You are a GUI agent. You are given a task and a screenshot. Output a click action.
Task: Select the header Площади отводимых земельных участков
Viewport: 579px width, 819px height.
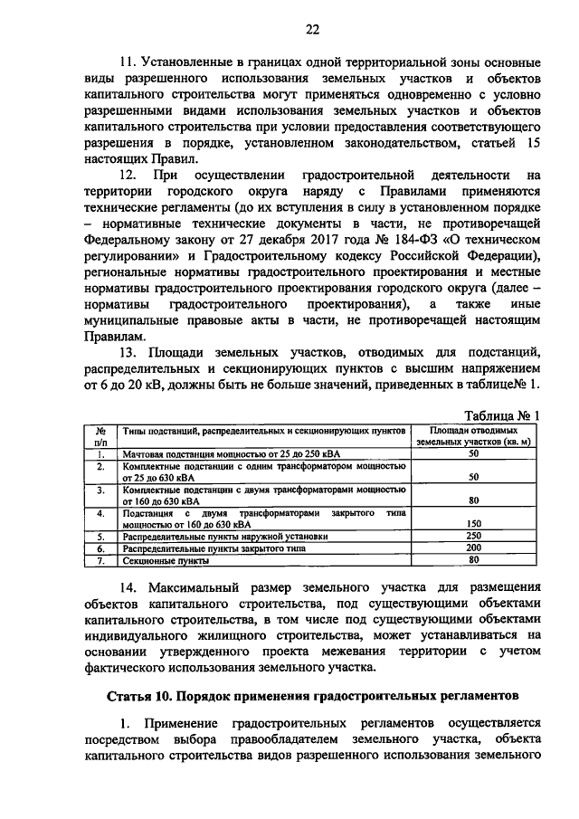[x=473, y=436]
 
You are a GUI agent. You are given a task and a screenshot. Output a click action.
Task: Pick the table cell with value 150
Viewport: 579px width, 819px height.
[x=473, y=523]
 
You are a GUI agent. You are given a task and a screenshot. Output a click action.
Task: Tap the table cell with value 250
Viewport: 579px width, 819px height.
[x=473, y=536]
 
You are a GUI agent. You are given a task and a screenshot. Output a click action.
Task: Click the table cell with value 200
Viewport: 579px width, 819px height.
[x=473, y=548]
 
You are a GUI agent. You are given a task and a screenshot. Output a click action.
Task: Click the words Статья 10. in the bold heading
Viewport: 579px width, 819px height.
[x=143, y=697]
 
